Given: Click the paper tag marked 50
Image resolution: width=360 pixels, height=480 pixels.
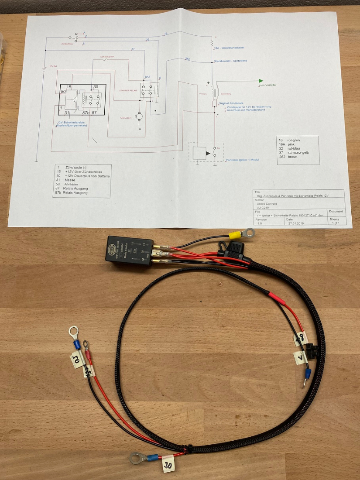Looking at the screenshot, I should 76,360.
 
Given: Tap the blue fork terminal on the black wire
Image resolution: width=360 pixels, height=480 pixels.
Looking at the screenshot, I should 306,376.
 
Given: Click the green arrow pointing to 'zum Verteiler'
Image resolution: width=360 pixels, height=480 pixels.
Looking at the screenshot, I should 261,81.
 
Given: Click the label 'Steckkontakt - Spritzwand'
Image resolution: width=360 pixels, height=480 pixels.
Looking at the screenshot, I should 231,61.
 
